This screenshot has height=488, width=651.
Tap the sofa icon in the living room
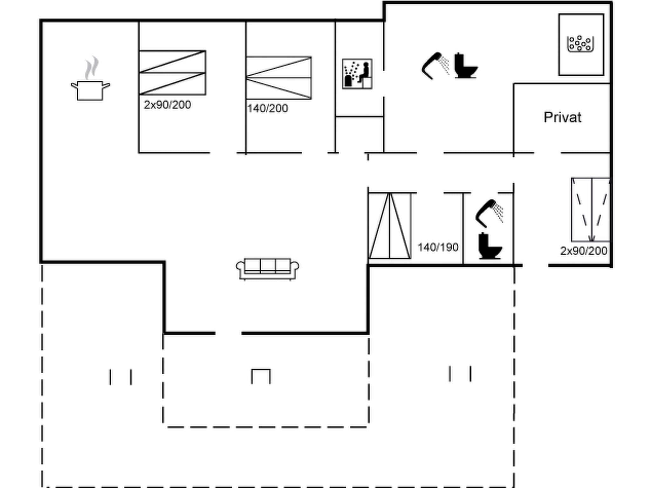point(267,269)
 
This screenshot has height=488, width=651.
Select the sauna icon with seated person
point(357,74)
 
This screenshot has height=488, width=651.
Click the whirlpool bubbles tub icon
point(580,44)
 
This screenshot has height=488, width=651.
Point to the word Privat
point(562,118)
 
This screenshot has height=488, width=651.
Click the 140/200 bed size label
point(267,109)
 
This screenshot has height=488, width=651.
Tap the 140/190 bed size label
point(438,247)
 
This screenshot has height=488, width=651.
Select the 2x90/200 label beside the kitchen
point(167,105)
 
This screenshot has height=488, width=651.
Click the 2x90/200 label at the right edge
point(583,251)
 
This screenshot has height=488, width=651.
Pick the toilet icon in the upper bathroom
point(465,66)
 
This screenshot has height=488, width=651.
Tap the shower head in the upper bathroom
point(435,65)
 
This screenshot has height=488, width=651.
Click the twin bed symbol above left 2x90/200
point(172,73)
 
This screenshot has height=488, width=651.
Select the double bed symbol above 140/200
point(278,78)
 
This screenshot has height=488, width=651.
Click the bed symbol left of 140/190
point(389,226)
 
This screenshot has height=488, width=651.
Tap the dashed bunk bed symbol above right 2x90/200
point(591,210)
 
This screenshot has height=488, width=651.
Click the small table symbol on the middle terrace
point(261,376)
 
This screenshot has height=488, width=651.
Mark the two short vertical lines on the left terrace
point(120,377)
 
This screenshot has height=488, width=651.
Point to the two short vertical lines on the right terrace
point(460,374)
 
